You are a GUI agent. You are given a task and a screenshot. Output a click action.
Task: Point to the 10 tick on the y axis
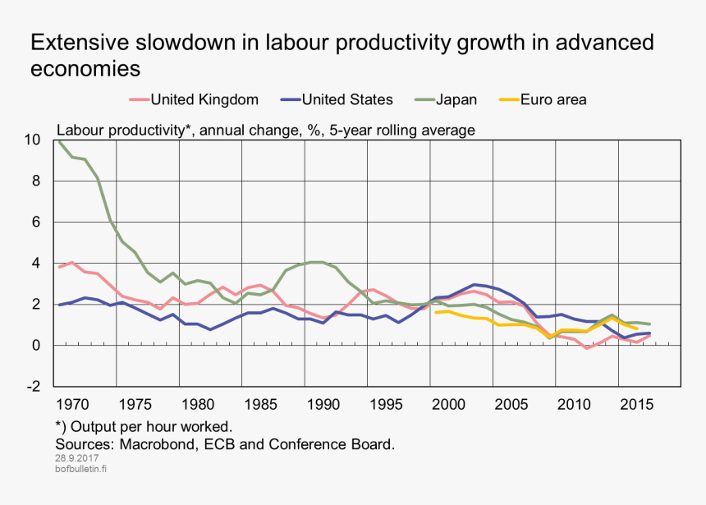[x=32, y=140]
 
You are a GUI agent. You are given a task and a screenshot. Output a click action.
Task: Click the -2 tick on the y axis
[x=32, y=387]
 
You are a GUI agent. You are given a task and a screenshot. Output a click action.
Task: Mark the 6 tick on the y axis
[x=36, y=222]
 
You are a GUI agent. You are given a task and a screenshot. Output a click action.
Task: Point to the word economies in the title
[x=85, y=68]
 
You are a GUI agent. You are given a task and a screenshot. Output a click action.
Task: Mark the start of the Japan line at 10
[x=58, y=141]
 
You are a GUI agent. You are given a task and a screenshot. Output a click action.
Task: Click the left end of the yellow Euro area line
[x=436, y=312]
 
